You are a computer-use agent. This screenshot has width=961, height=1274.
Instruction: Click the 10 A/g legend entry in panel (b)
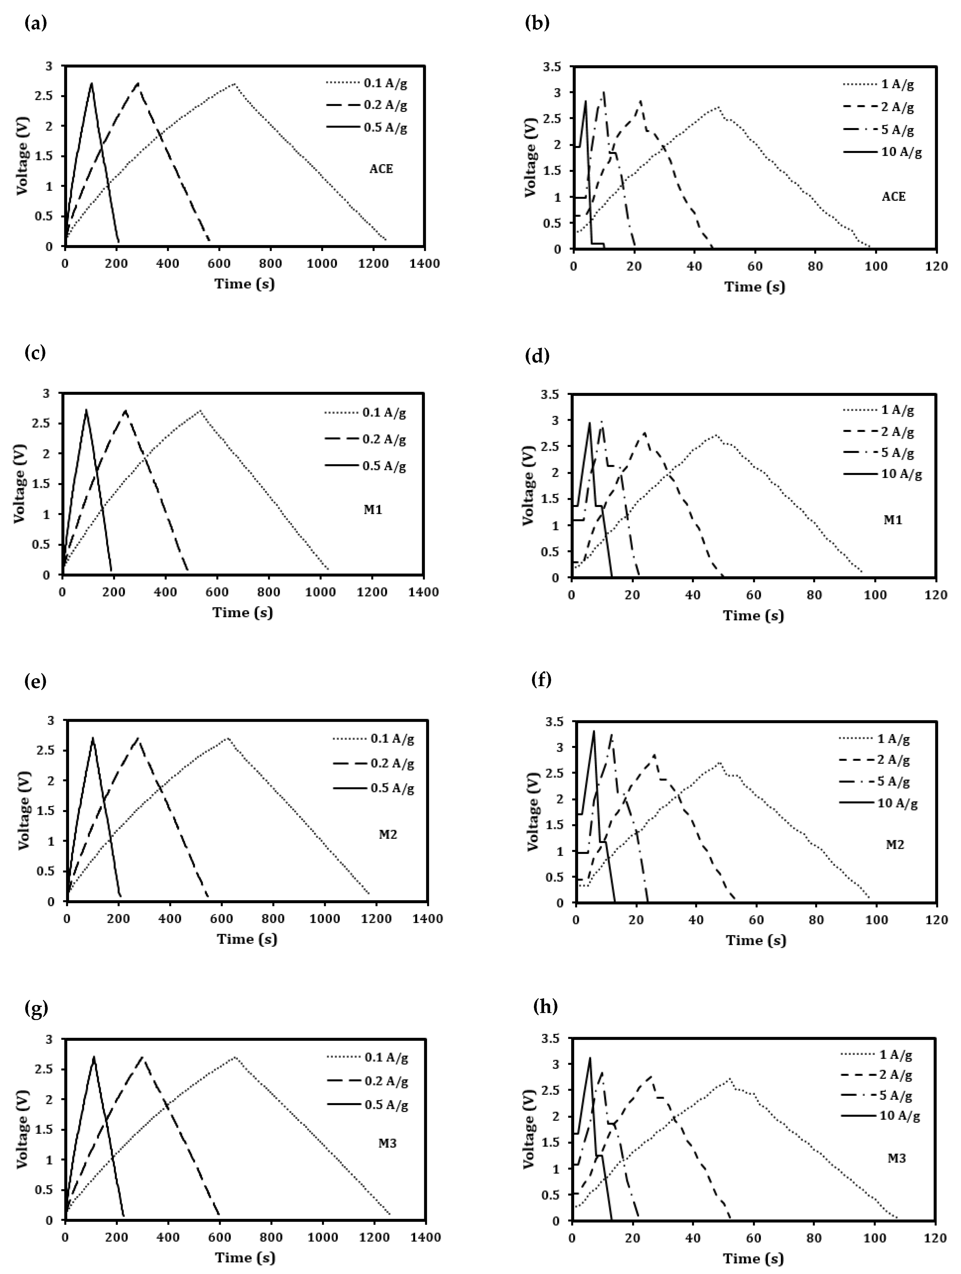[x=882, y=153]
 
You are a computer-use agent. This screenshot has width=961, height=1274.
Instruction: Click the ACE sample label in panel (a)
[x=381, y=169]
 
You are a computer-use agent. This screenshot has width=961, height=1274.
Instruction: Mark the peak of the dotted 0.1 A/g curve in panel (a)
[x=234, y=84]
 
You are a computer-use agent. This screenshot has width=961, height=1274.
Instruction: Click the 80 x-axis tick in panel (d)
[x=814, y=595]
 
